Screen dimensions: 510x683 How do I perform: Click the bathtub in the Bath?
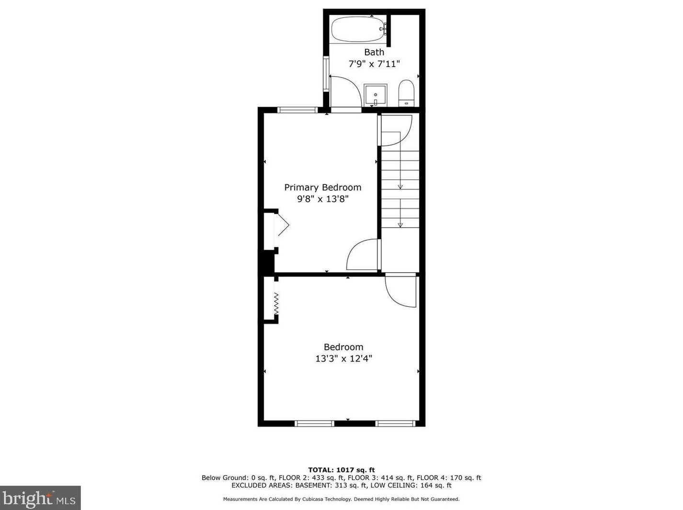click(358, 29)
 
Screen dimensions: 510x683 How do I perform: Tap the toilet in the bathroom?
click(406, 93)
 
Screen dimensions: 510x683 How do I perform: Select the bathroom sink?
click(375, 95)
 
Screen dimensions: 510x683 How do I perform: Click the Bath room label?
click(374, 52)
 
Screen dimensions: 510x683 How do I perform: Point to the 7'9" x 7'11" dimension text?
click(374, 64)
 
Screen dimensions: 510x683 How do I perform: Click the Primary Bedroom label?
click(323, 187)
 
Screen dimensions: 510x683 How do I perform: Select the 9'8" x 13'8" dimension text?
click(323, 199)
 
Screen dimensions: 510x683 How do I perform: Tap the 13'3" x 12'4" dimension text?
click(343, 358)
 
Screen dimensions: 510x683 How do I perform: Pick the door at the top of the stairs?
click(395, 131)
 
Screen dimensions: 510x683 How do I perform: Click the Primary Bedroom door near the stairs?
click(363, 255)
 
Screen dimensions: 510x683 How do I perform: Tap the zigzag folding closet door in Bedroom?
click(276, 302)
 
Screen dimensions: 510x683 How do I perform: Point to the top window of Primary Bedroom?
click(297, 110)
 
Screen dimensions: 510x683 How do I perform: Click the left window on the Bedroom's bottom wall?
click(314, 423)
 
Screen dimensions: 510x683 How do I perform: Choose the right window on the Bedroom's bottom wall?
click(395, 423)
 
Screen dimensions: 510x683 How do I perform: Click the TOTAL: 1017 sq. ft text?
click(341, 470)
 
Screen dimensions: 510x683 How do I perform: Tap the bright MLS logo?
click(40, 499)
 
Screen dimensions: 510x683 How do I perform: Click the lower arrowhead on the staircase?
click(400, 224)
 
